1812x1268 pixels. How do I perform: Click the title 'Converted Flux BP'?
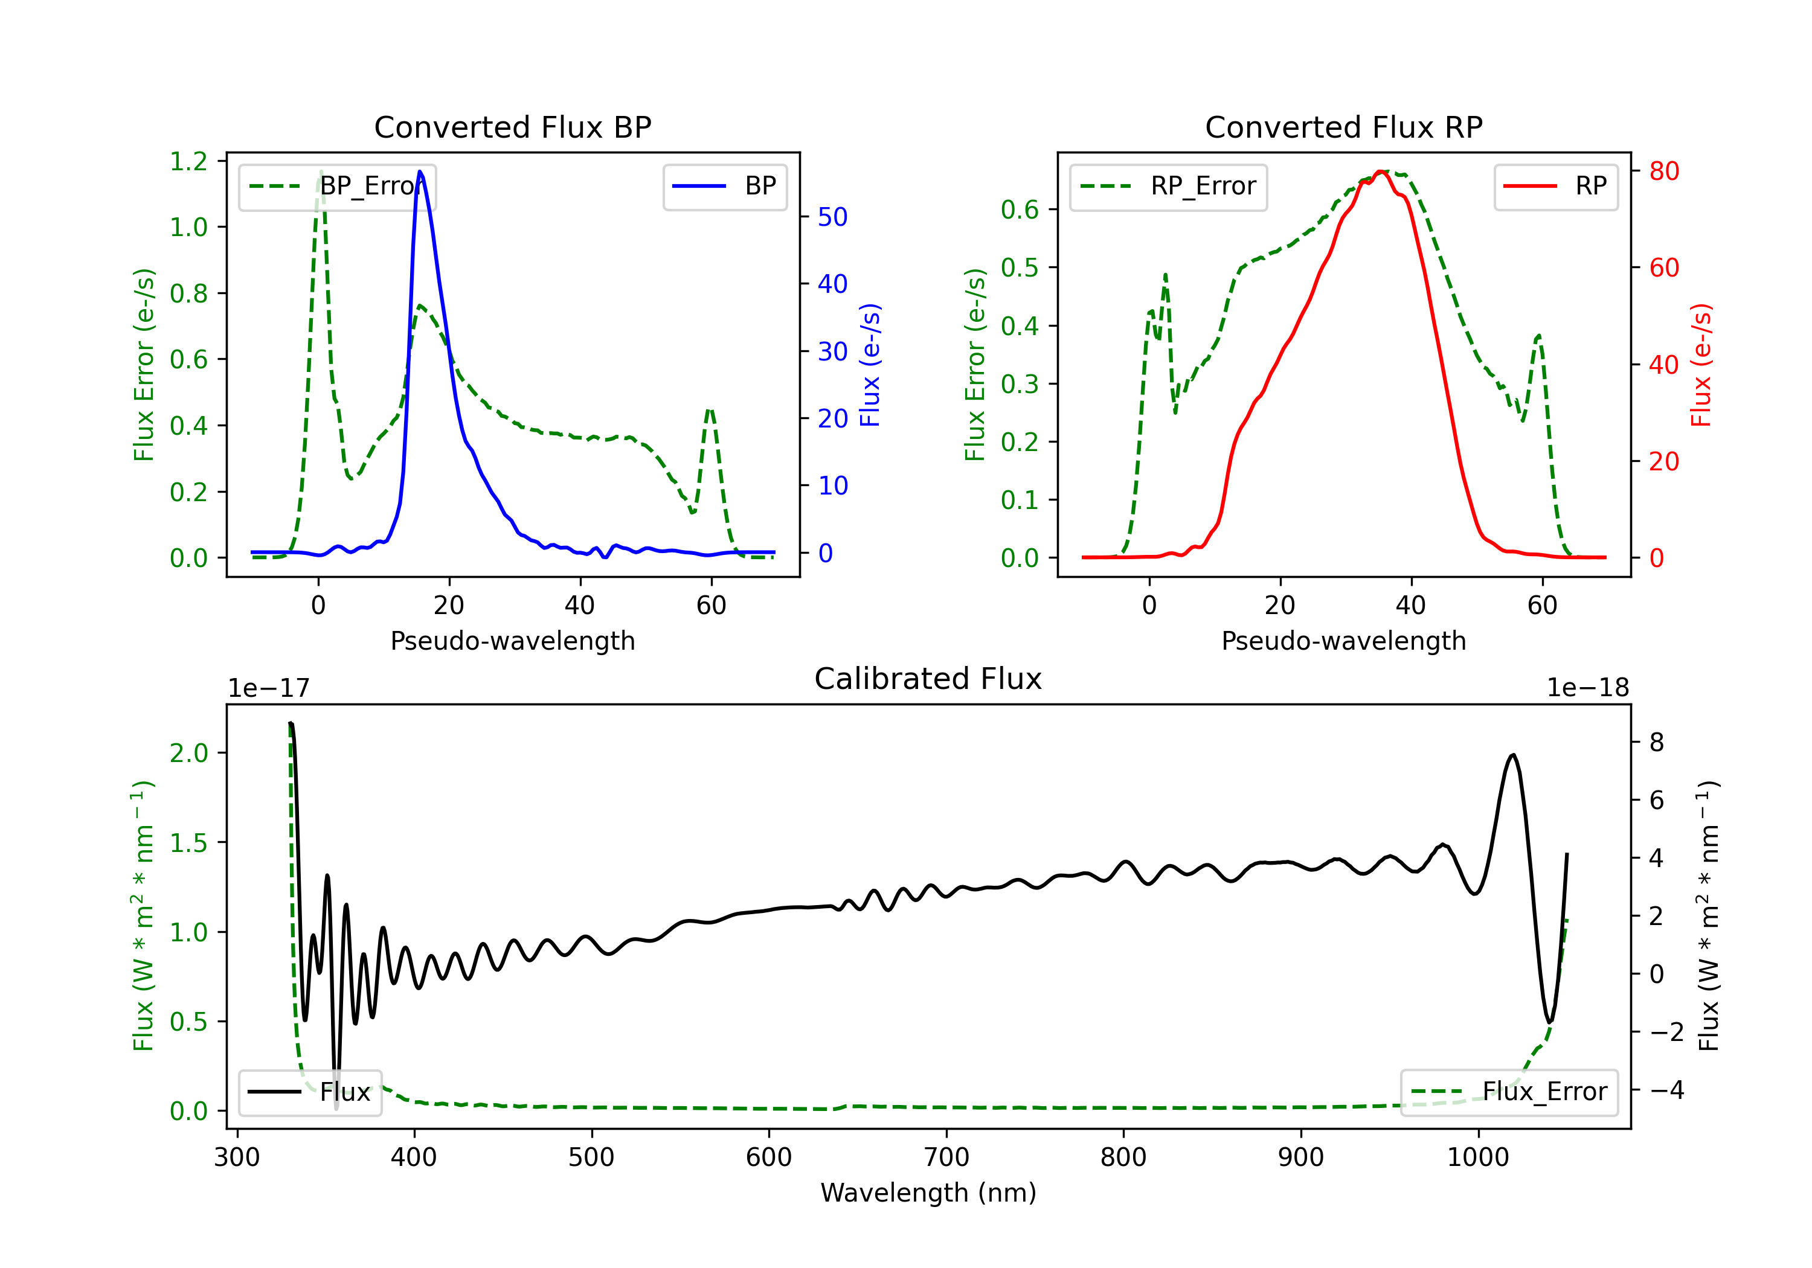point(513,127)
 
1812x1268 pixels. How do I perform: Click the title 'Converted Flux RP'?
point(1344,127)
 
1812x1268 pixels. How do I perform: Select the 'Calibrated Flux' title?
point(928,679)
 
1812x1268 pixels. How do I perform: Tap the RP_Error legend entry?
point(1168,186)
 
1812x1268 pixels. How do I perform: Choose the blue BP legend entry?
point(724,186)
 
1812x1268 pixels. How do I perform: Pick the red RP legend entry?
point(1555,186)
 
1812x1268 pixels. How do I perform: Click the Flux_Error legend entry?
point(1509,1092)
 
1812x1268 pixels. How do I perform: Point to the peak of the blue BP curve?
point(420,171)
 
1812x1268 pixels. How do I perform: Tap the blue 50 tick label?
point(832,217)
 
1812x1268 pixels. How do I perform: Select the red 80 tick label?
point(1663,171)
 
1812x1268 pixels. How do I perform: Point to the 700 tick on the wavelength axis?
point(946,1158)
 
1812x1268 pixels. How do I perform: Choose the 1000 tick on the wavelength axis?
point(1478,1158)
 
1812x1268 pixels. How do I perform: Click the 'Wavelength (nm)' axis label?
point(928,1193)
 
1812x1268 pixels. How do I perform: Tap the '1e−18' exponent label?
point(1588,688)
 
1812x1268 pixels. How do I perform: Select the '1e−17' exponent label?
point(269,688)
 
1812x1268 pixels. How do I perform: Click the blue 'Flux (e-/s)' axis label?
point(870,365)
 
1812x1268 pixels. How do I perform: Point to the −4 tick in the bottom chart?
point(1667,1090)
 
